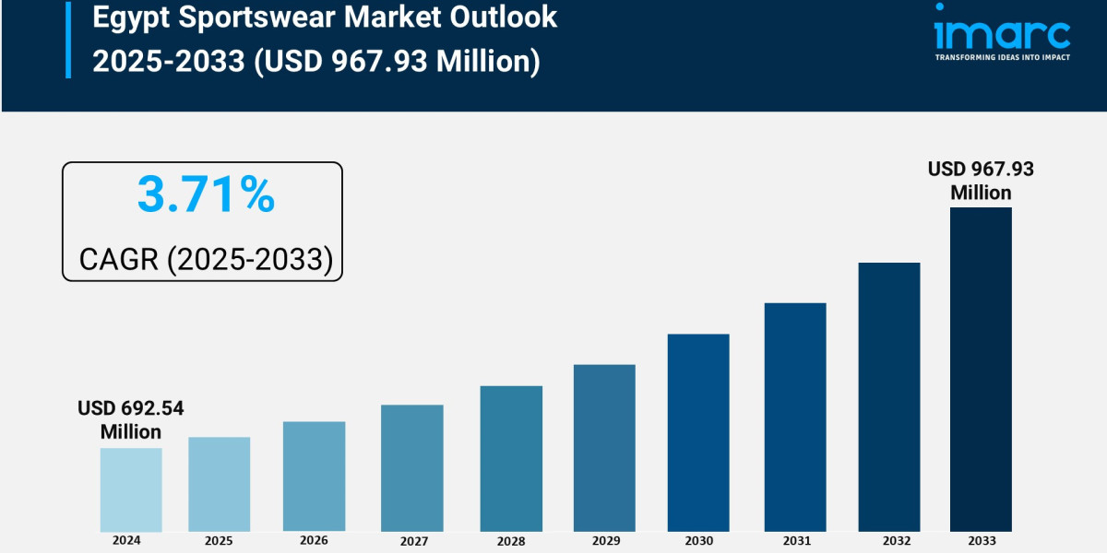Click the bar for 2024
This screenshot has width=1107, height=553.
point(131,489)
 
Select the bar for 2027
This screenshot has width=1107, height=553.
point(411,467)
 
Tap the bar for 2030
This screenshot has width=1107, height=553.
point(698,432)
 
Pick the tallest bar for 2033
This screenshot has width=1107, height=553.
point(981,369)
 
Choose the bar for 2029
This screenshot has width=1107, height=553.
point(604,448)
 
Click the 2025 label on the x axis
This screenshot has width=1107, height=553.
point(219,540)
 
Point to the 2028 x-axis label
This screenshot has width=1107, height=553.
point(511,540)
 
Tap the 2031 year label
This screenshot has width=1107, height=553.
point(795,540)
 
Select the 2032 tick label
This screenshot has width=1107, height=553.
point(889,540)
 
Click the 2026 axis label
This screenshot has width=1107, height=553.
point(314,539)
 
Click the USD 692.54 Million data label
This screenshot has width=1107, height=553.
point(131,419)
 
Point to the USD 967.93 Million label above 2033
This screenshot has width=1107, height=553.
point(981,181)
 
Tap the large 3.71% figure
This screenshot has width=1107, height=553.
point(206,195)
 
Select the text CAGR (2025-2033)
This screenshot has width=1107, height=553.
point(206,259)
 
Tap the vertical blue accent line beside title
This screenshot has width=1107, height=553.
point(67,39)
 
